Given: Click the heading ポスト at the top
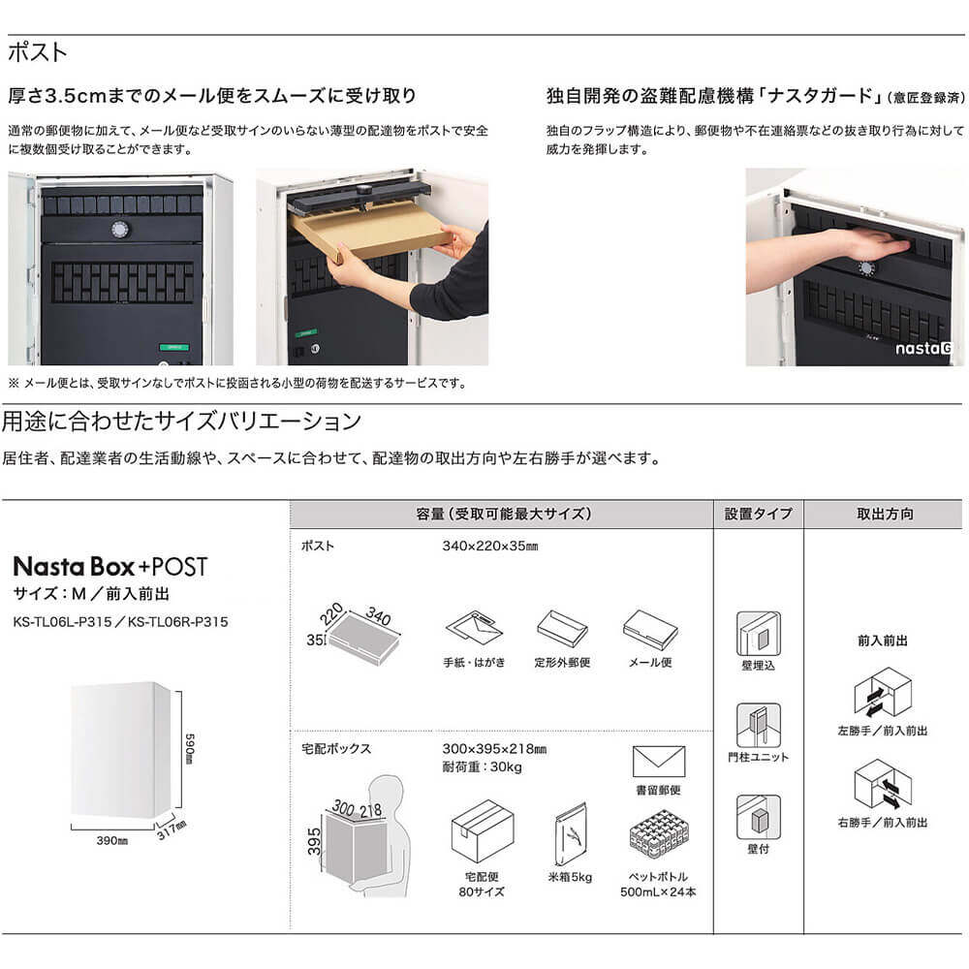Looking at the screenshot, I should (37, 52).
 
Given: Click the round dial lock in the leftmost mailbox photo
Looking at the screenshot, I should (120, 230).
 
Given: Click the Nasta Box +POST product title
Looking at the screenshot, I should (109, 567).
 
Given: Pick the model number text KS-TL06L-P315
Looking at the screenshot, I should (67, 622).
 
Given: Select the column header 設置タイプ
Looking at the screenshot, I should (758, 514).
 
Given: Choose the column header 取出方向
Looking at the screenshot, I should (884, 514).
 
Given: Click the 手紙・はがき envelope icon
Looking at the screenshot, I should (475, 629).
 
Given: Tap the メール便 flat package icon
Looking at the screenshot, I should (649, 628).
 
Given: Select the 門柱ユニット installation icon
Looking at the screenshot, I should (758, 724).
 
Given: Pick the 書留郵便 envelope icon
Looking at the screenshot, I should (658, 762).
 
